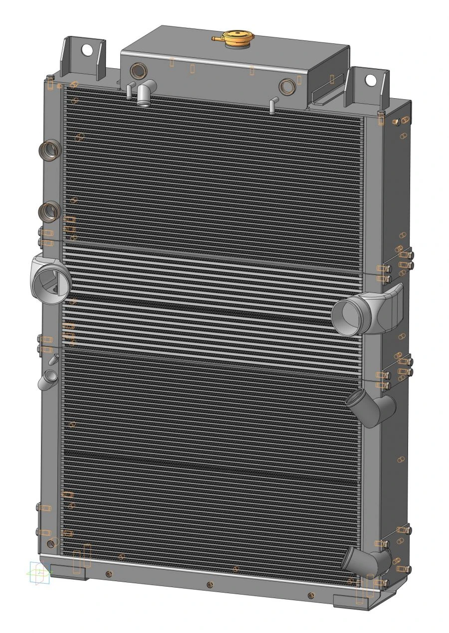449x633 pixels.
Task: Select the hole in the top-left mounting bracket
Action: pos(87,50)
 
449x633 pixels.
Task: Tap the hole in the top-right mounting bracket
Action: pos(370,80)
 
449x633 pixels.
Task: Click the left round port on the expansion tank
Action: pos(137,70)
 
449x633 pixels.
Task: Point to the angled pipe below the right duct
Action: pos(370,407)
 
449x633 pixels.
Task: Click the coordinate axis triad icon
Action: pos(39,573)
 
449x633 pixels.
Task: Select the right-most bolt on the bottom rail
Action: pos(311,595)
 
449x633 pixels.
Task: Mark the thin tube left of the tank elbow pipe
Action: pos(129,91)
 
